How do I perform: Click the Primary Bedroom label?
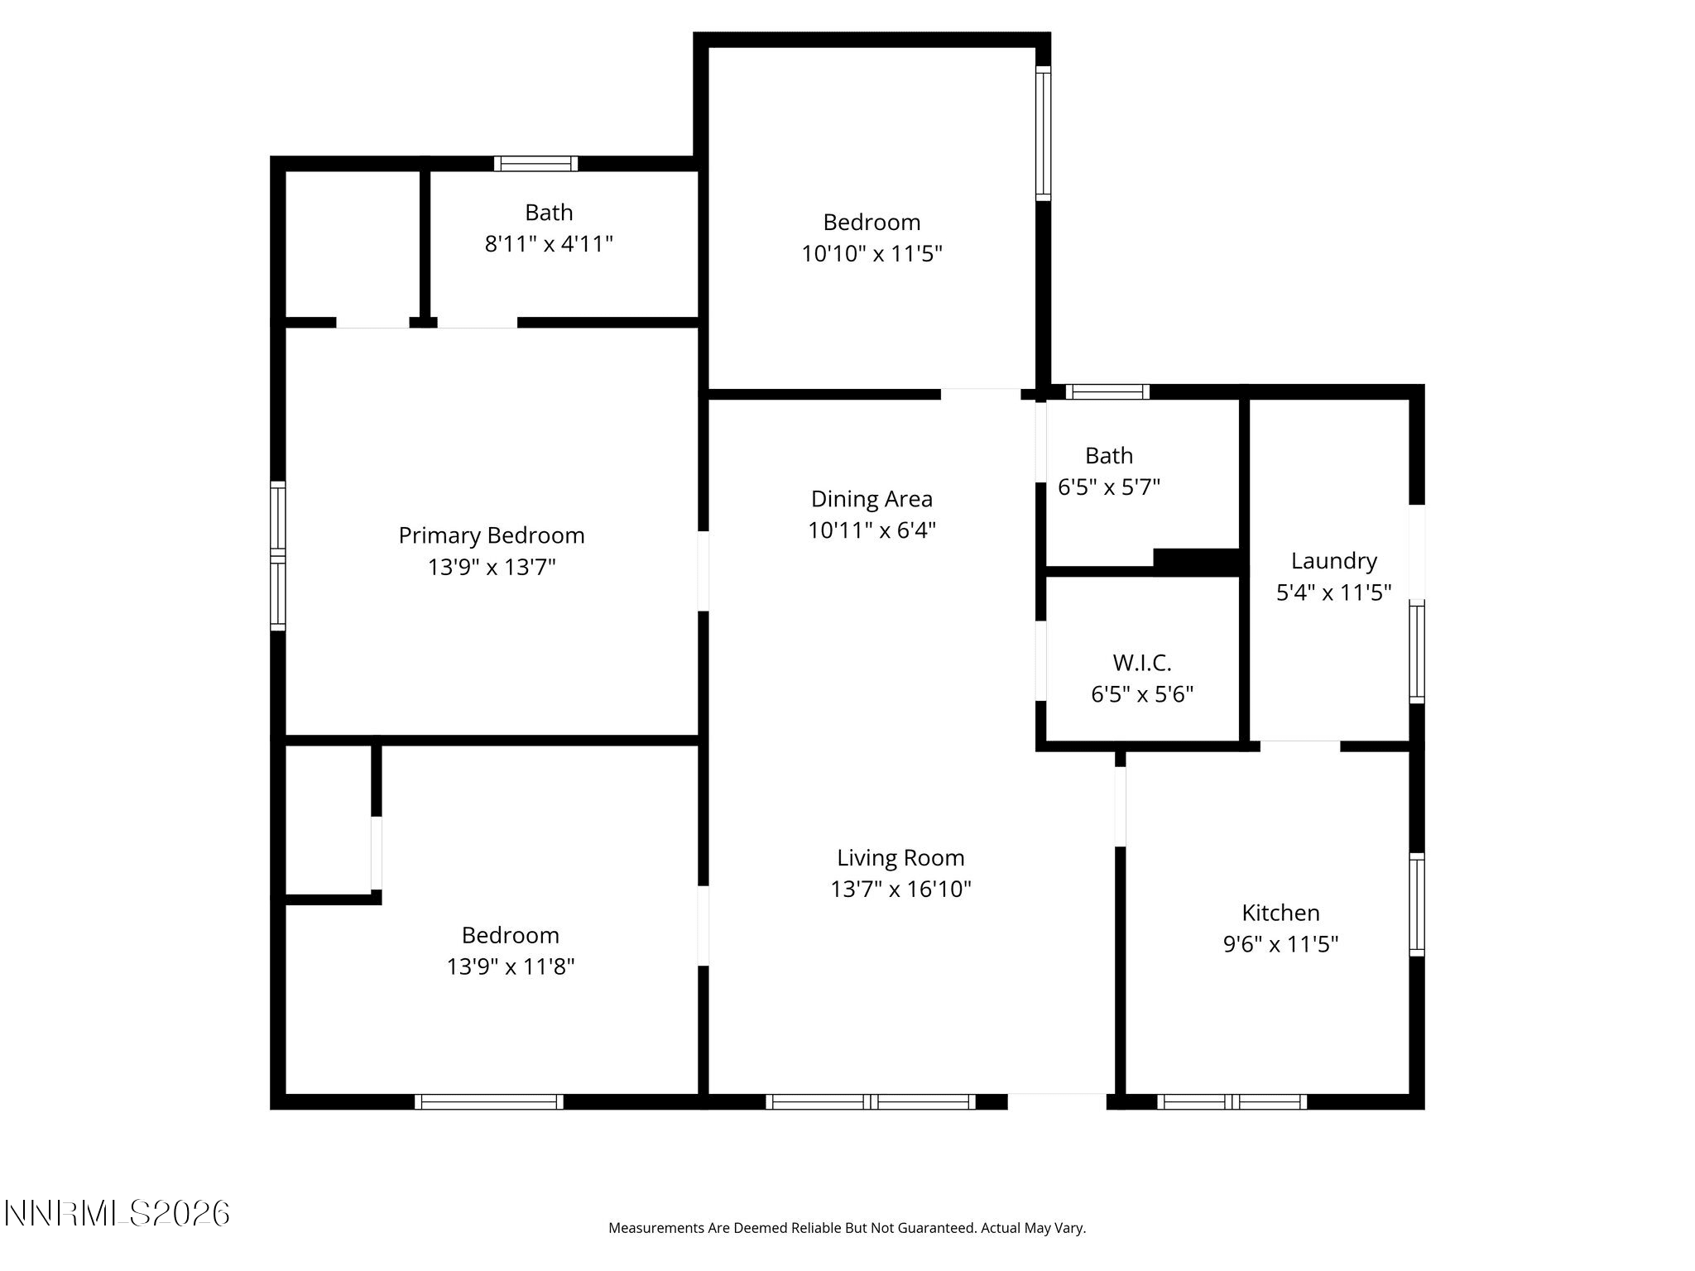click(x=492, y=536)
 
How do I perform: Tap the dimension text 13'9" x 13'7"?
click(x=492, y=568)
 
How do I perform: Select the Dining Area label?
click(x=872, y=499)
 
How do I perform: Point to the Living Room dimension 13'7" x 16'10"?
click(x=900, y=889)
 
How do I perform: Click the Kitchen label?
click(x=1280, y=913)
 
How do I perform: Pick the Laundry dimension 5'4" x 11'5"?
click(x=1333, y=592)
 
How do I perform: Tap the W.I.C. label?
click(x=1142, y=663)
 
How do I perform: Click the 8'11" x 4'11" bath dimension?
click(x=549, y=244)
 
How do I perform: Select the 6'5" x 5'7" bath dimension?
click(x=1109, y=487)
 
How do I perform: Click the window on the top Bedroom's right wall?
click(x=1044, y=133)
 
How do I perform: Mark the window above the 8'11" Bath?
click(x=535, y=163)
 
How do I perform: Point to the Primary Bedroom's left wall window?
click(x=278, y=555)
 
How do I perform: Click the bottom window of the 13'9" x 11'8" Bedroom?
click(x=489, y=1101)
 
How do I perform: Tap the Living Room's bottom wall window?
click(x=871, y=1101)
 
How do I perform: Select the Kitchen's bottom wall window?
click(x=1232, y=1101)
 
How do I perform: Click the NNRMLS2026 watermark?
click(x=117, y=1214)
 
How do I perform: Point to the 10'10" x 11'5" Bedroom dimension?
click(x=872, y=253)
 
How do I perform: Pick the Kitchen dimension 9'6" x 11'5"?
click(x=1280, y=944)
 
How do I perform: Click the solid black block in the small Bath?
click(x=1196, y=562)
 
